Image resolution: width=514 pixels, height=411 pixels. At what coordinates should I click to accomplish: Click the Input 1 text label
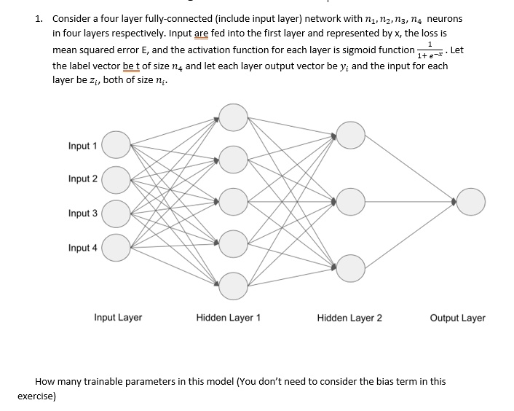coord(82,146)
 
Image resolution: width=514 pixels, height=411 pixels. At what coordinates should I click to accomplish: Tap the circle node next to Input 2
coord(116,180)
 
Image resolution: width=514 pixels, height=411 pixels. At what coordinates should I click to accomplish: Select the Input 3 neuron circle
coord(116,214)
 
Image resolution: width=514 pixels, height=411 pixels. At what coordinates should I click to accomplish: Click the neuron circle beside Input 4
coord(116,248)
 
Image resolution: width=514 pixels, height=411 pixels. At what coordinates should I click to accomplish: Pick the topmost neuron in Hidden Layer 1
coord(233,117)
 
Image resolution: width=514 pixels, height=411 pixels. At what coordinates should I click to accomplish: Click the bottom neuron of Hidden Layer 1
coord(233,286)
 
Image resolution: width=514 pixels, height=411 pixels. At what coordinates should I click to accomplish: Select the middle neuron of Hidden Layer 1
coord(233,202)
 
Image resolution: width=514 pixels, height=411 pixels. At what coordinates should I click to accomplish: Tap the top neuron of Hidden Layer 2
coord(350,135)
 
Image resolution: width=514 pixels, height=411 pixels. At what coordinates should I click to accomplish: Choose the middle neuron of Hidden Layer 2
coord(350,202)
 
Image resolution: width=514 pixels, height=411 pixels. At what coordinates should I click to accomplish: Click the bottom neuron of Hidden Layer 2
coord(350,268)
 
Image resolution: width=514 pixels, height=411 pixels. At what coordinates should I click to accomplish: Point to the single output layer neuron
coord(471,202)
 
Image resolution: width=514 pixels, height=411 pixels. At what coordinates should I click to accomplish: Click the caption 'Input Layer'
coord(118,318)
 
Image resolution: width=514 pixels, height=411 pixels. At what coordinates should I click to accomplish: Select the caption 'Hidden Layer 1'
coord(228,318)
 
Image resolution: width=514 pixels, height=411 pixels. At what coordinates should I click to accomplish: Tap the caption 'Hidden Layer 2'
coord(349,318)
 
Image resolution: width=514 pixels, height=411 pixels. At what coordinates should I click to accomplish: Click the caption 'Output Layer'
coord(458,318)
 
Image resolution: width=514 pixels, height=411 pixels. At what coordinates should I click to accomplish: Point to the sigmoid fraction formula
coord(430,50)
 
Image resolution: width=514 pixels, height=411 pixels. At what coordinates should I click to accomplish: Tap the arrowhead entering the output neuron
coord(454,202)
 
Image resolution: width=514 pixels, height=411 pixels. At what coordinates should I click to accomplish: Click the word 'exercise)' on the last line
coord(36,396)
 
